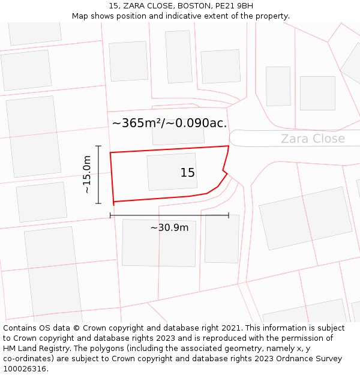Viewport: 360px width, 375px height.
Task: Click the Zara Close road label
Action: pos(313,139)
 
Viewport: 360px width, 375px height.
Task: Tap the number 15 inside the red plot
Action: pos(187,173)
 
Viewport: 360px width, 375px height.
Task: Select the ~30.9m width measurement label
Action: pos(169,228)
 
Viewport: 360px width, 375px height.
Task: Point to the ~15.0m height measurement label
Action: pos(87,174)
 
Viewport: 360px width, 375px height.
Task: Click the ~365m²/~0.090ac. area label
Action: pos(169,124)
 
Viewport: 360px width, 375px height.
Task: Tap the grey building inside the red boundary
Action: pos(174,172)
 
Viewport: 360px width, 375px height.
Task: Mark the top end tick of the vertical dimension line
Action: pos(98,146)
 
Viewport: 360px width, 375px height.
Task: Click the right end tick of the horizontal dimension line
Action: pos(229,215)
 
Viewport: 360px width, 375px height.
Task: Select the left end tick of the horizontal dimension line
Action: pos(110,215)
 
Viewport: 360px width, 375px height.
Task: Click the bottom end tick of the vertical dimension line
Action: pos(98,203)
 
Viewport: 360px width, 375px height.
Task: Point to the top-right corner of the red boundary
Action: pos(229,146)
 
